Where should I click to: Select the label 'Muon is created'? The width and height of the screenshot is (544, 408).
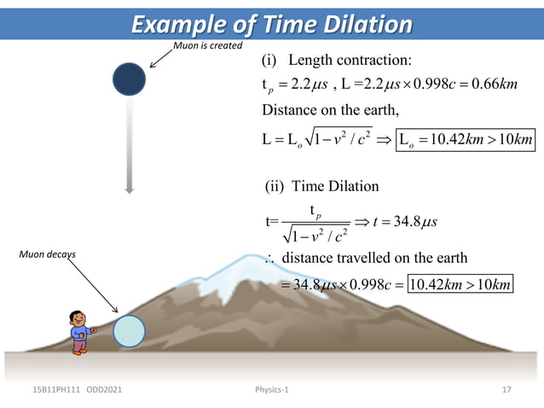point(208,44)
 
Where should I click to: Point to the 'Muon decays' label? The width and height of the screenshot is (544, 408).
point(49,254)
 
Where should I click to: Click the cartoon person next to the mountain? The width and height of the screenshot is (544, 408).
point(82,331)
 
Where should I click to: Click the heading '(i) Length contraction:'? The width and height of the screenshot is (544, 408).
point(338,61)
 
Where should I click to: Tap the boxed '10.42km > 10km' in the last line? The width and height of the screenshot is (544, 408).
point(460,283)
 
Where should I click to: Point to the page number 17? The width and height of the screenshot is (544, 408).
point(506,390)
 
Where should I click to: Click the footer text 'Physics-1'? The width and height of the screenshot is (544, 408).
point(272,390)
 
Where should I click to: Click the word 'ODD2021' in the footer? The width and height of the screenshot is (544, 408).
point(102,390)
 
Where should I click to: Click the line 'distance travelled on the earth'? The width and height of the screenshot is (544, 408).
point(374,259)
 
